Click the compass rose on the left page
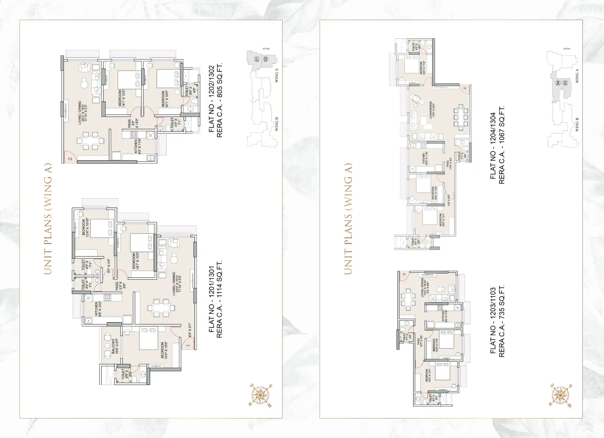pyautogui.click(x=260, y=395)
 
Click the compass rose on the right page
pyautogui.click(x=560, y=395)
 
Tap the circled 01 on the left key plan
pyautogui.click(x=257, y=59)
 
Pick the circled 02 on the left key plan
pyautogui.click(x=266, y=59)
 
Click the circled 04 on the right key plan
pyautogui.click(x=558, y=83)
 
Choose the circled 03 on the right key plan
pyautogui.click(x=565, y=83)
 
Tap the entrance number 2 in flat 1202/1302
pyautogui.click(x=70, y=158)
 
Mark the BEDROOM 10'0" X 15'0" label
pyautogui.click(x=164, y=350)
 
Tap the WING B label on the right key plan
pyautogui.click(x=577, y=124)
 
